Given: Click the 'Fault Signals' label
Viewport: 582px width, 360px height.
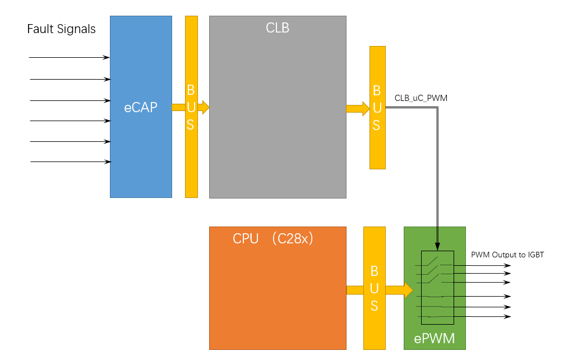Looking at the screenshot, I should pyautogui.click(x=61, y=29).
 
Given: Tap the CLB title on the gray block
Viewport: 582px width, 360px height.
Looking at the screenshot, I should pyautogui.click(x=278, y=27).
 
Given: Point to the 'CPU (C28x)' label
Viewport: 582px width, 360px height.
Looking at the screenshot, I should pyautogui.click(x=272, y=238).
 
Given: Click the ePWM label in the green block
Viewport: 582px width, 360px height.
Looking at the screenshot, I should pyautogui.click(x=434, y=339).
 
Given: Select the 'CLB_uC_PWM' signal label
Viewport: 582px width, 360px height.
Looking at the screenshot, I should pyautogui.click(x=421, y=98).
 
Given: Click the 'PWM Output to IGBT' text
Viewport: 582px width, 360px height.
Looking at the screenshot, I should pyautogui.click(x=507, y=255).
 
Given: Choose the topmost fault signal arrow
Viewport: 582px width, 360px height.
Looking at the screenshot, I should pyautogui.click(x=69, y=57).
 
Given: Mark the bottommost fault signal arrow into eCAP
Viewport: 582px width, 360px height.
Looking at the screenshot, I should pyautogui.click(x=71, y=162).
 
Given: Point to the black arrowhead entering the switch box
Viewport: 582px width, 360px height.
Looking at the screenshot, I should pyautogui.click(x=438, y=246).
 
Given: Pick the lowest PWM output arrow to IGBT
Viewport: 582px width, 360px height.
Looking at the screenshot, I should pyautogui.click(x=482, y=317).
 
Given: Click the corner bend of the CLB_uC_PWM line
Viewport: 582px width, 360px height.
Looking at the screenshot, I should pyautogui.click(x=437, y=108).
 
